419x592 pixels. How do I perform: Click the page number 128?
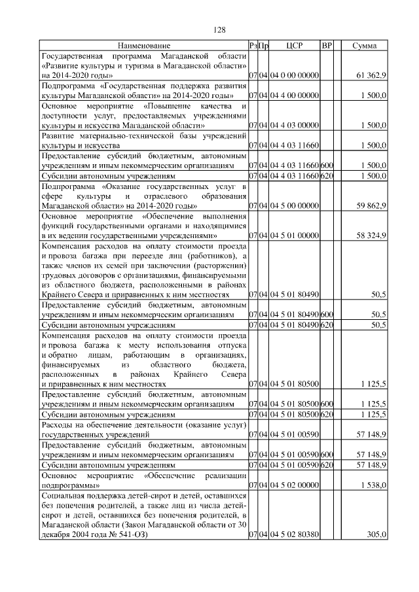point(219,30)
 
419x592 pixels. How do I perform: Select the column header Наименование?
point(144,46)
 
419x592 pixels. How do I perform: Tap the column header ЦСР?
point(294,46)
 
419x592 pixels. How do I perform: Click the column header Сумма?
point(364,46)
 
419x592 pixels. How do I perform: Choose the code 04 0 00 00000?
point(294,76)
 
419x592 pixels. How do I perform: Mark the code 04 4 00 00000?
point(294,96)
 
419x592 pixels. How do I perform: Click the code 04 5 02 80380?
point(294,534)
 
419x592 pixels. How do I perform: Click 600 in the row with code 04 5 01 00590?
point(327,453)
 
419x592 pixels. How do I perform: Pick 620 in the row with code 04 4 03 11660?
point(327,175)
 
